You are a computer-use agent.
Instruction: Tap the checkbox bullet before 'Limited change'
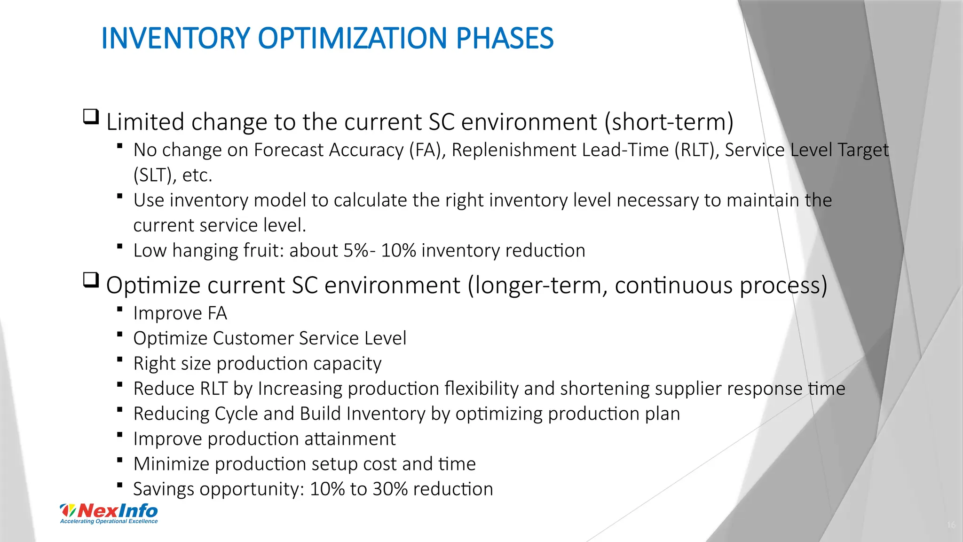[91, 116]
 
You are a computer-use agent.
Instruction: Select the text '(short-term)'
[669, 122]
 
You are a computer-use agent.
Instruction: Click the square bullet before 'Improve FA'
[120, 309]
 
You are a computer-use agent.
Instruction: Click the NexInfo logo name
[118, 510]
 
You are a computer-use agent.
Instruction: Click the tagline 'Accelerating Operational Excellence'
[109, 521]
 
